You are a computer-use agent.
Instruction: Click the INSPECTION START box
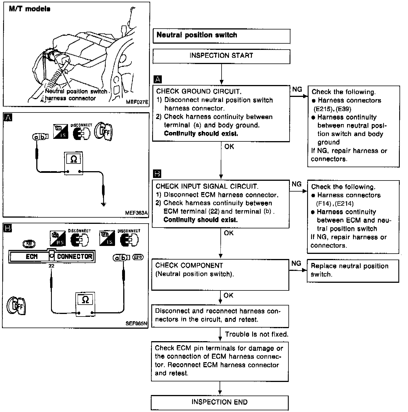(221, 56)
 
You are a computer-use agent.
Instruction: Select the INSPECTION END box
(220, 402)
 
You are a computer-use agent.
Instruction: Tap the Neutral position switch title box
(221, 36)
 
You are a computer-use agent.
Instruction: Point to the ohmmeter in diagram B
(85, 304)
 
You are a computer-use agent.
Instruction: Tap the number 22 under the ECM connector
(51, 266)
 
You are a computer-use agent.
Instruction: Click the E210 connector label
(138, 257)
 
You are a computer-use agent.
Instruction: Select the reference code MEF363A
(136, 213)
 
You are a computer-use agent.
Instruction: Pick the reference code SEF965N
(137, 323)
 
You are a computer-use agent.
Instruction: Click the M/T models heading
(30, 9)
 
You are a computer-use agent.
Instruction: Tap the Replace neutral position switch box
(353, 270)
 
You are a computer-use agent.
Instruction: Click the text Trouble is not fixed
(256, 334)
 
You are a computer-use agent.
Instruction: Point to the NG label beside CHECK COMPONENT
(296, 264)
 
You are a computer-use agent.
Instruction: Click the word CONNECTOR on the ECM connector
(75, 257)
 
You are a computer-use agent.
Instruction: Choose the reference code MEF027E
(137, 102)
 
